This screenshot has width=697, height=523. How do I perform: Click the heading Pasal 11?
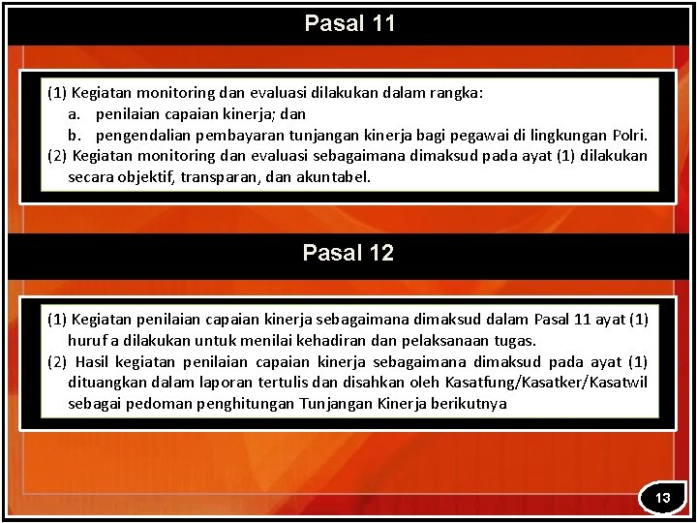[x=349, y=23]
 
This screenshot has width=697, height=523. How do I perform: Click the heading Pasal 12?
[x=348, y=254]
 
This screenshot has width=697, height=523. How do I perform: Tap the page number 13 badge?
[x=663, y=498]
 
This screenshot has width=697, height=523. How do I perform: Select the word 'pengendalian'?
[x=140, y=135]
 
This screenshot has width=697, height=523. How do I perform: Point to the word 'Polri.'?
[x=630, y=135]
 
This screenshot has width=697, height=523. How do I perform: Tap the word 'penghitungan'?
[x=245, y=404]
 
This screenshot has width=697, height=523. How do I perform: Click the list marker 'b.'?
[x=74, y=135]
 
